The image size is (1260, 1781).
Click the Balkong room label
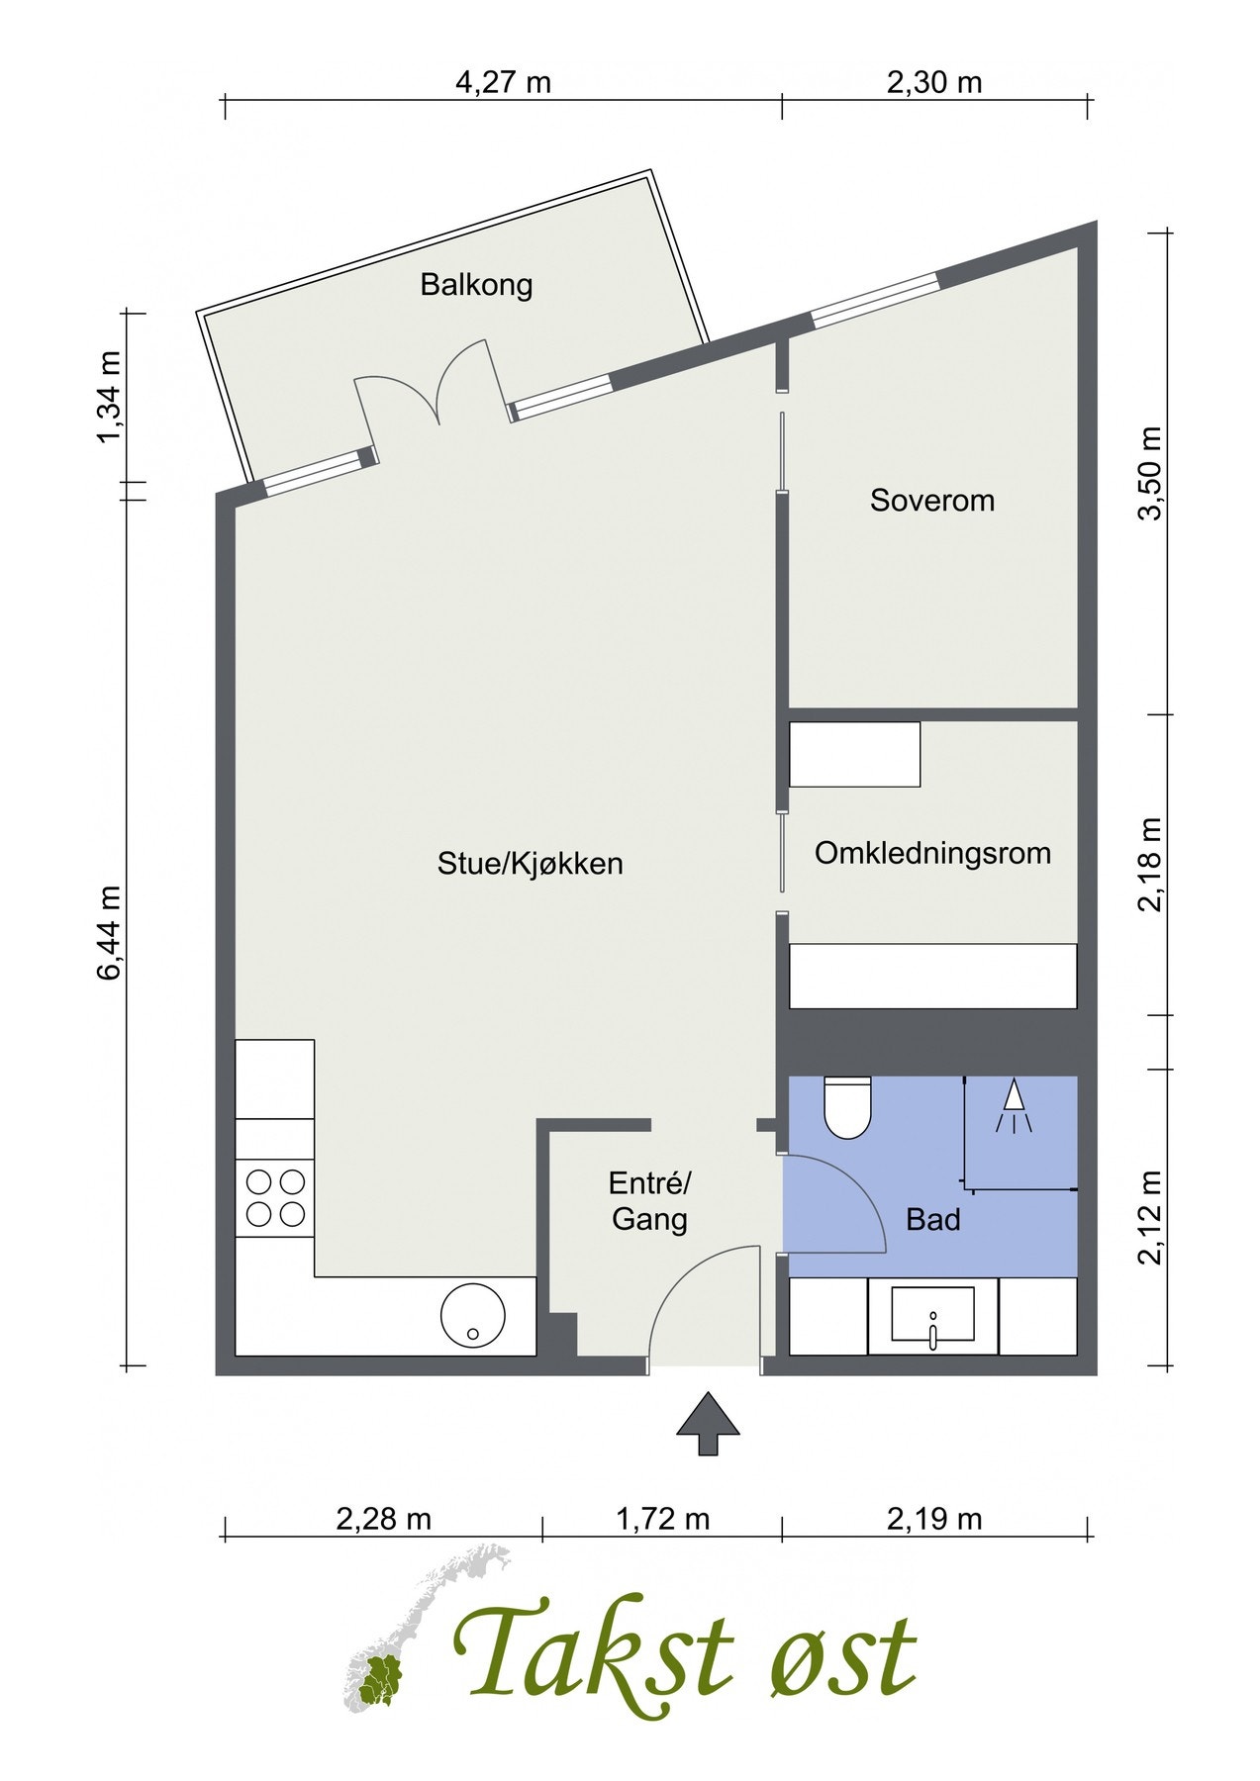pyautogui.click(x=476, y=285)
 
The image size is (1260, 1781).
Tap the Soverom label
pyautogui.click(x=931, y=501)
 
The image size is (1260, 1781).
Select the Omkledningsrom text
pyautogui.click(x=932, y=853)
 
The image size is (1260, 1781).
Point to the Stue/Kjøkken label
pyautogui.click(x=531, y=864)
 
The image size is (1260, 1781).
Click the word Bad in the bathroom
pyautogui.click(x=932, y=1220)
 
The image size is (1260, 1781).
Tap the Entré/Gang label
pyautogui.click(x=649, y=1201)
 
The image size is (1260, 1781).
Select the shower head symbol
pyautogui.click(x=1013, y=1106)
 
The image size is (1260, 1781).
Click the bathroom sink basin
pyautogui.click(x=932, y=1317)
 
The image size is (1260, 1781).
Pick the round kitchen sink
pyautogui.click(x=473, y=1315)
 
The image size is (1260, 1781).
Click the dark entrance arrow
pyautogui.click(x=708, y=1423)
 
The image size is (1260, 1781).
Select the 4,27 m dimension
pyautogui.click(x=502, y=82)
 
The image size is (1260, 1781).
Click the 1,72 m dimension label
pyautogui.click(x=662, y=1519)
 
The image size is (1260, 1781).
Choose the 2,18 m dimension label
pyautogui.click(x=1150, y=864)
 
